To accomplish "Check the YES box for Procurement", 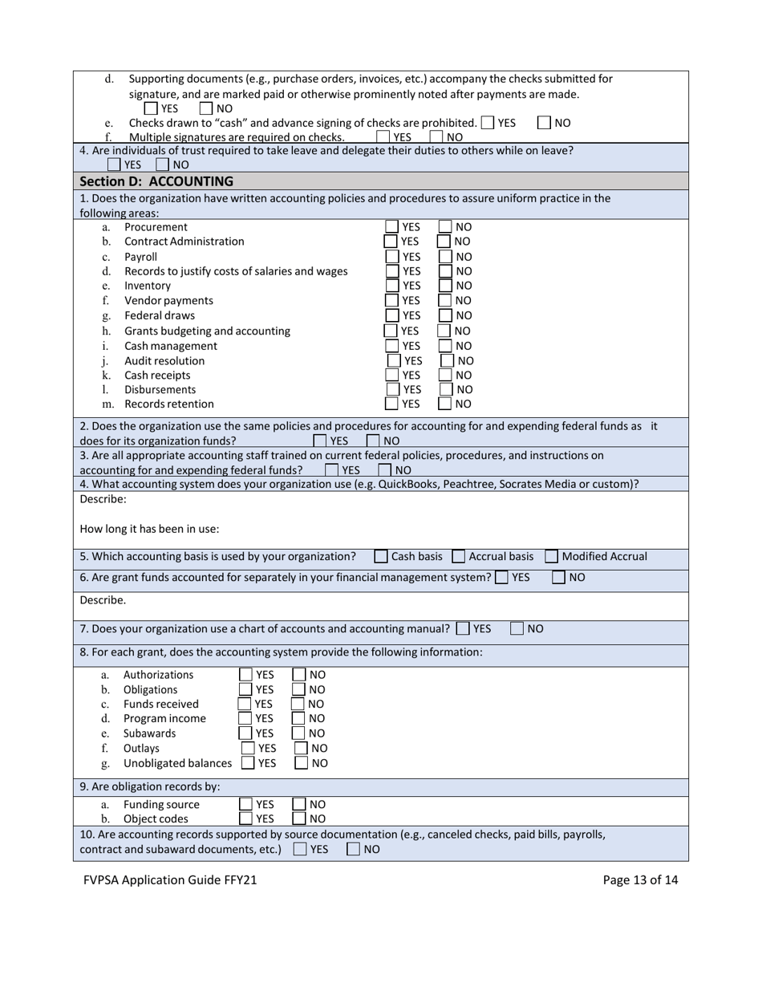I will pos(391,227).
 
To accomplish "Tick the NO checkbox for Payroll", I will pos(445,257).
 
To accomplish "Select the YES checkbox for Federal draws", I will pos(391,315).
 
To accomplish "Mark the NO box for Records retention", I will pos(445,404).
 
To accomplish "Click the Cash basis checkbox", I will pos(381,556).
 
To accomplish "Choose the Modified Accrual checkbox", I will pos(551,556).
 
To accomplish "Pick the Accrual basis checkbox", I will pos(459,556).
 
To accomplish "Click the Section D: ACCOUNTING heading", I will pos(156,181).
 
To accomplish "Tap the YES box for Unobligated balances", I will pos(249,763).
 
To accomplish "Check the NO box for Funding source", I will pos(299,804).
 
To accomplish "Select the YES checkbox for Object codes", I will pos(246,818).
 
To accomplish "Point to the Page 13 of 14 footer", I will pos(640,879).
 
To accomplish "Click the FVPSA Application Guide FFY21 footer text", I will pos(170,879).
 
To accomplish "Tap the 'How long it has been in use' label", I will pos(149,529).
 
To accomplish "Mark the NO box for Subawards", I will pos(298,733).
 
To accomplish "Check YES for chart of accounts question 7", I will pos(463,629).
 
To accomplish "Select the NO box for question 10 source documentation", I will pos(353,849).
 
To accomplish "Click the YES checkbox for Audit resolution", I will pos(393,360).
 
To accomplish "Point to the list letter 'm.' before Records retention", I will pos(108,404).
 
